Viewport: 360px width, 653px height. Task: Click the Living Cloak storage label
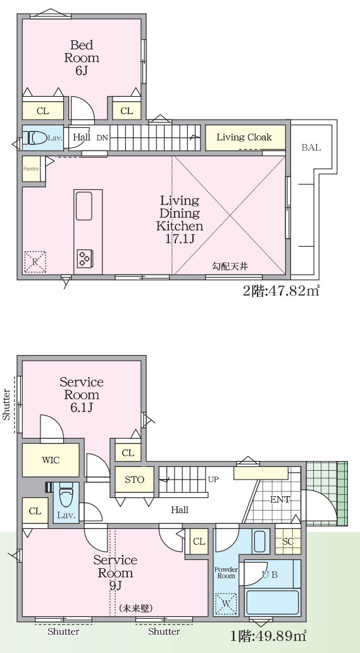244,137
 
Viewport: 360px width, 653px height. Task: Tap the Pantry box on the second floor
31,169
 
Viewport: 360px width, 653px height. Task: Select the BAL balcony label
311,147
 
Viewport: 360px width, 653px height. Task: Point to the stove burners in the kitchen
84,257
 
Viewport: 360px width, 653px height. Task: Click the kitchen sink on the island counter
84,206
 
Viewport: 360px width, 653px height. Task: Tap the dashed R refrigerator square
35,261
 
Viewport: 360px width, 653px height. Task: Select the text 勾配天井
230,266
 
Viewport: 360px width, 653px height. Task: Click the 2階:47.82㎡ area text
281,290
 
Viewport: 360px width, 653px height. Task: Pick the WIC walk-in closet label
51,460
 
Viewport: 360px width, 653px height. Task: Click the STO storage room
134,480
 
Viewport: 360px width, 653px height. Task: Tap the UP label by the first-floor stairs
213,480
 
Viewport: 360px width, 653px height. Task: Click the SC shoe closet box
288,542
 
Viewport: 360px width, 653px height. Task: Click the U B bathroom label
270,574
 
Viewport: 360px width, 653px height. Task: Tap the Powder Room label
226,573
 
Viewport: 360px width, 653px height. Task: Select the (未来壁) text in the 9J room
135,608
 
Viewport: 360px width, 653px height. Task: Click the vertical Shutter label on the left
7,404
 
